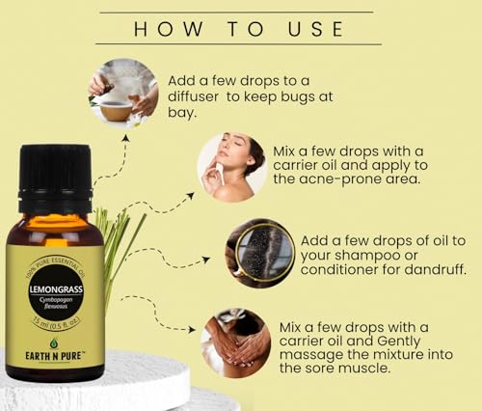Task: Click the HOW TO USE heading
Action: pyautogui.click(x=239, y=28)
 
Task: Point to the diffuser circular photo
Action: pyautogui.click(x=123, y=92)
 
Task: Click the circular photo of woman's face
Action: pyautogui.click(x=231, y=167)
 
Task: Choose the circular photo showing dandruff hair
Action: pyautogui.click(x=258, y=253)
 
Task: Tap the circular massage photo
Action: pyautogui.click(x=235, y=342)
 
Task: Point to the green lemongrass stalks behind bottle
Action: pyautogui.click(x=119, y=242)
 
